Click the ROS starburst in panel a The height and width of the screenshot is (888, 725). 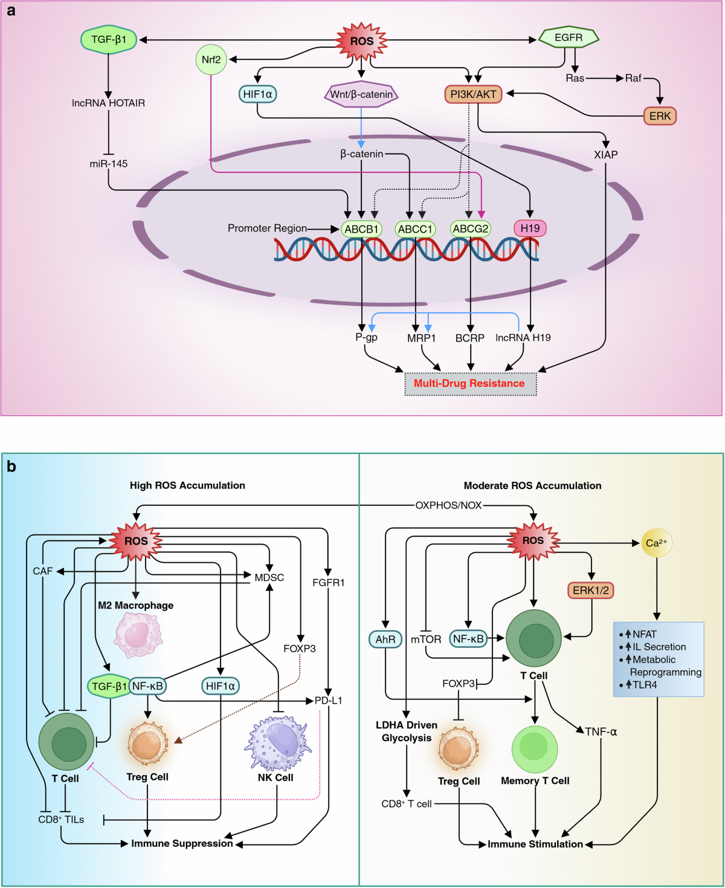click(361, 41)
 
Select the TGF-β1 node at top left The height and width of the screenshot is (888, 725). click(109, 39)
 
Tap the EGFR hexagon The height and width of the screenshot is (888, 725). click(569, 37)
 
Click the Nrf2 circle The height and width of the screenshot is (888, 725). click(211, 59)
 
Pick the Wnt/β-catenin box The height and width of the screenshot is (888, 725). click(361, 94)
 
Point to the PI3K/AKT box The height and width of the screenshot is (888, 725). click(474, 94)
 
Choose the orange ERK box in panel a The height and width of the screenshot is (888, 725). click(660, 116)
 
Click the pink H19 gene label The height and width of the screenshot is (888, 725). click(530, 228)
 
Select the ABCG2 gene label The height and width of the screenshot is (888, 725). click(471, 228)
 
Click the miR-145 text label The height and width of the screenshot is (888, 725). click(109, 164)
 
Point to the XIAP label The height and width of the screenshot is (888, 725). click(605, 155)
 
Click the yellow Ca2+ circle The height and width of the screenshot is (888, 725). click(656, 543)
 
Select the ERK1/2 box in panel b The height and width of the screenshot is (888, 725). click(591, 590)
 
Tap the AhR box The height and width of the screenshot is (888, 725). click(385, 639)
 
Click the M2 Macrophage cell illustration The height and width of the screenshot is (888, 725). click(137, 635)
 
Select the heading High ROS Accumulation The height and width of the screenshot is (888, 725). click(187, 485)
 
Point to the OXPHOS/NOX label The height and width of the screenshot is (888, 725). click(448, 505)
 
